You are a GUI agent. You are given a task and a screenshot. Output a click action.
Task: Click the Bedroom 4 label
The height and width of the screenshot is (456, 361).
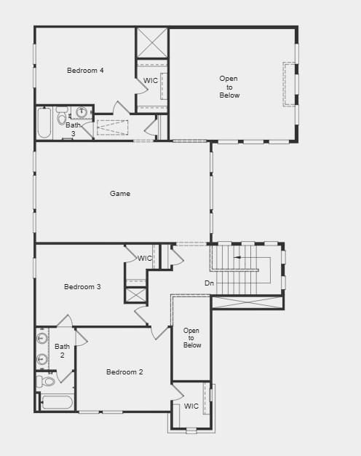pos(85,71)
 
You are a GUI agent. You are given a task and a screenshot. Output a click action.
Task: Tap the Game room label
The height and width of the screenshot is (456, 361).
pos(120,194)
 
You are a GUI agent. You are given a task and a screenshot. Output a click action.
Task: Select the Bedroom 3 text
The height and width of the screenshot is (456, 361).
pos(82,287)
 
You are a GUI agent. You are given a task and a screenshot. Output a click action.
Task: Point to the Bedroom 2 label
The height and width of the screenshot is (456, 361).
pos(124,372)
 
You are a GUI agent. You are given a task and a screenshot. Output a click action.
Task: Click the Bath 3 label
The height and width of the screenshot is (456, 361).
pos(74,129)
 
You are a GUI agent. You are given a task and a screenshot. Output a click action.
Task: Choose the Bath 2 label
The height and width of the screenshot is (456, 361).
pos(63,350)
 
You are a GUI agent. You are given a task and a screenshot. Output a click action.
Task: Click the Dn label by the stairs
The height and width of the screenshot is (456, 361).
pos(209,283)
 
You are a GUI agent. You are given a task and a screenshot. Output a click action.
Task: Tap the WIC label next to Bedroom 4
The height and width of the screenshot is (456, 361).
pos(151,81)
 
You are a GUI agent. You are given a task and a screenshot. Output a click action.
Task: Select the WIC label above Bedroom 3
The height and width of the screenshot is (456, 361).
pos(145,258)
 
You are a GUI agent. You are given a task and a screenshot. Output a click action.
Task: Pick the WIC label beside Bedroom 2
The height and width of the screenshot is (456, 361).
pos(191,406)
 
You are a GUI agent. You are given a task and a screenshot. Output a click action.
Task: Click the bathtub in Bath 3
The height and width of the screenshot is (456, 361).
pos(44,123)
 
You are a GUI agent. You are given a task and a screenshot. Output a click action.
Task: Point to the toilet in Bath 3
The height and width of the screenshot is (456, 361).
pos(62,119)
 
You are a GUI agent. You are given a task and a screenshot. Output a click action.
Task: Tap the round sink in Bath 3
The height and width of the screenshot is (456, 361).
pos(82,112)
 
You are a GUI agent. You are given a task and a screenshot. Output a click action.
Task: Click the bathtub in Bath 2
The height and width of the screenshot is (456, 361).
pos(57,402)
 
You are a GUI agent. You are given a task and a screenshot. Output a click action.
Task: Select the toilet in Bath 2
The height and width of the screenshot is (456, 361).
pos(48,381)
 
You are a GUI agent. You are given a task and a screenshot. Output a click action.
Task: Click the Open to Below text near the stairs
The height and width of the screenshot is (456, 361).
pos(192,338)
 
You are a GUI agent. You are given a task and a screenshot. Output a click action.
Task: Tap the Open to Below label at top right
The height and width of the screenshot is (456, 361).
pos(229,87)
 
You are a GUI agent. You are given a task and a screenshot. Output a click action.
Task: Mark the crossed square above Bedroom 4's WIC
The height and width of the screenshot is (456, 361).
pos(152,43)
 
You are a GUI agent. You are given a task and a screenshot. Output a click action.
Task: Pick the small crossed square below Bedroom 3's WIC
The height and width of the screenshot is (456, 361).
pos(136,295)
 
